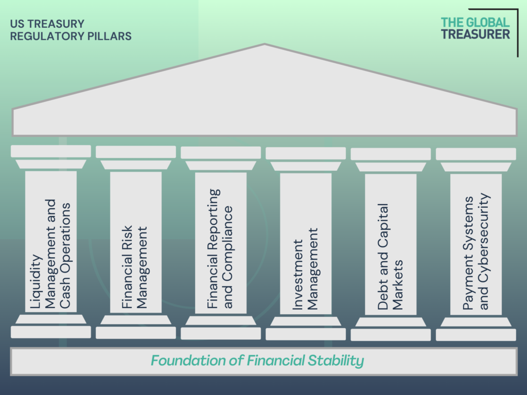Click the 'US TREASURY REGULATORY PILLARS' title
tap(71, 30)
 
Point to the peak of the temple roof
tap(265, 44)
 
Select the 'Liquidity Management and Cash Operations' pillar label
tap(51, 254)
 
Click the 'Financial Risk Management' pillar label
tap(135, 267)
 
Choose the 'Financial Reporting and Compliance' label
tap(220, 248)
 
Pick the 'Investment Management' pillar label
tap(305, 268)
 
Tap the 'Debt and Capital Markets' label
tap(390, 256)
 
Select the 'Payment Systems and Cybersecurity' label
tap(476, 251)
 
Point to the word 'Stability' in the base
tap(336, 361)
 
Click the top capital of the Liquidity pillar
tap(51, 151)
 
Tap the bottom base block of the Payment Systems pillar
tap(476, 335)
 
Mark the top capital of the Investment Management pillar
tap(306, 153)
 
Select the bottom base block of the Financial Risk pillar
tap(136, 333)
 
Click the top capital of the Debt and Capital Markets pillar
tap(391, 154)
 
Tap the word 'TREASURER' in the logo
tap(475, 34)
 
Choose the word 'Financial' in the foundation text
tap(276, 361)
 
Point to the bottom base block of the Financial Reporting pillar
tap(221, 333)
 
